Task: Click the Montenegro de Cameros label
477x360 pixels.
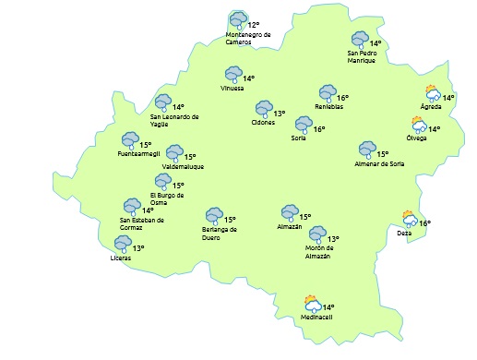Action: click(248, 39)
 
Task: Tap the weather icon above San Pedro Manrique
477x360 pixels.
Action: click(360, 40)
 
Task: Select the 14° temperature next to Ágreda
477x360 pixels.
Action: click(448, 98)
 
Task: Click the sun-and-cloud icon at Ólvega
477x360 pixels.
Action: click(419, 126)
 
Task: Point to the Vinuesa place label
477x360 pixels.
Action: click(233, 89)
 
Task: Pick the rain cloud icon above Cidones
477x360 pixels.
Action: click(263, 109)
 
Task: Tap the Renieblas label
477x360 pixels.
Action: click(328, 107)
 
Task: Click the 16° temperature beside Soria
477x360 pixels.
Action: click(319, 129)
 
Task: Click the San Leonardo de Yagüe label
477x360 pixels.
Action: click(174, 121)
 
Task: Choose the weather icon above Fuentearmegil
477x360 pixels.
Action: click(130, 140)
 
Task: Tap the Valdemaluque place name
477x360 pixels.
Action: click(183, 166)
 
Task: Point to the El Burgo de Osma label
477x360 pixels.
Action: click(167, 199)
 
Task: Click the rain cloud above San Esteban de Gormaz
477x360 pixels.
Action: click(132, 206)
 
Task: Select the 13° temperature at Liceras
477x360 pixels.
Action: click(138, 248)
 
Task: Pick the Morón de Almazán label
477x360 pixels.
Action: click(323, 251)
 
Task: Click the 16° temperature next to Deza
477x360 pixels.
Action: click(425, 223)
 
